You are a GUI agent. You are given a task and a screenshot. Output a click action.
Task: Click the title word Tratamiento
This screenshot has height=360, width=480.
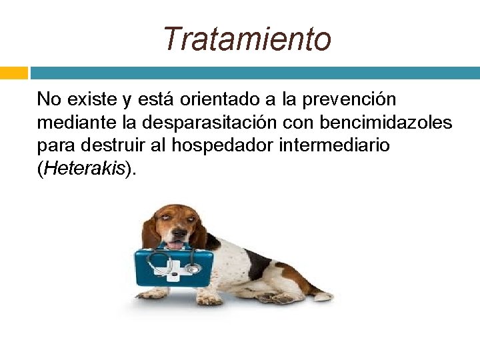[x=247, y=39]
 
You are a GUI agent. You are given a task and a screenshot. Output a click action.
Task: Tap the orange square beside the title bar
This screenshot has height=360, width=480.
[x=13, y=73]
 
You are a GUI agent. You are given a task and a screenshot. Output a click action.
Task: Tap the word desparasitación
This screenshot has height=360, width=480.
[x=210, y=123]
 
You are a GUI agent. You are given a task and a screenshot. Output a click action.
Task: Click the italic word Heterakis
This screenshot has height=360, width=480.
[x=83, y=169]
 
